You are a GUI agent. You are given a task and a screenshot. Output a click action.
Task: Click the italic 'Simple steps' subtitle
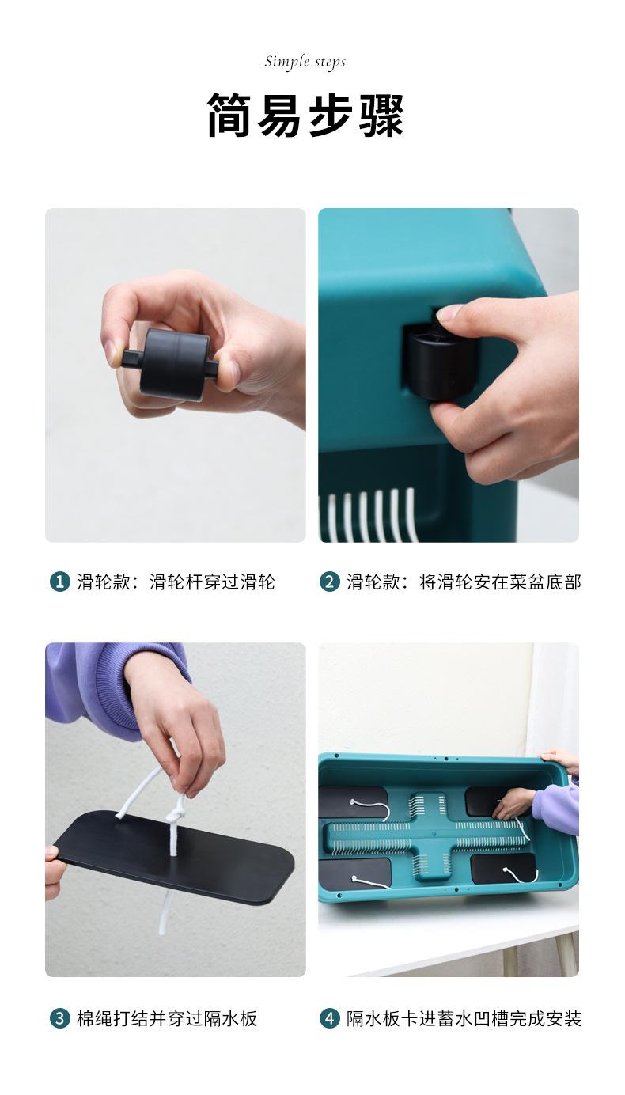pos(305,62)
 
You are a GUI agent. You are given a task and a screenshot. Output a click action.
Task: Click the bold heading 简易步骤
pos(305,116)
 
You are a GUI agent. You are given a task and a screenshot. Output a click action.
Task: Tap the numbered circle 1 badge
pos(59,582)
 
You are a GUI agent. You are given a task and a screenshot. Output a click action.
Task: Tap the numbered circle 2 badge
pos(329,582)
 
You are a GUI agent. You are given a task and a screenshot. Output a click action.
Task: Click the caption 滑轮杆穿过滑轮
pos(212,582)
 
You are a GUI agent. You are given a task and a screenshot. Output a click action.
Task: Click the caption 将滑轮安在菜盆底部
pos(500,582)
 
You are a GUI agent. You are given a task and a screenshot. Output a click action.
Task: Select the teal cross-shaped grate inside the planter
pos(428,836)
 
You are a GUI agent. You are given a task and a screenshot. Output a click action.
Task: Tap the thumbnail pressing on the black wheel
pos(449,312)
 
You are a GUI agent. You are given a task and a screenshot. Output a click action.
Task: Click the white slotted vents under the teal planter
pos(369,516)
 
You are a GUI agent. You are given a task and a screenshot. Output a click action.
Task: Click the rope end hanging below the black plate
pos(163,913)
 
